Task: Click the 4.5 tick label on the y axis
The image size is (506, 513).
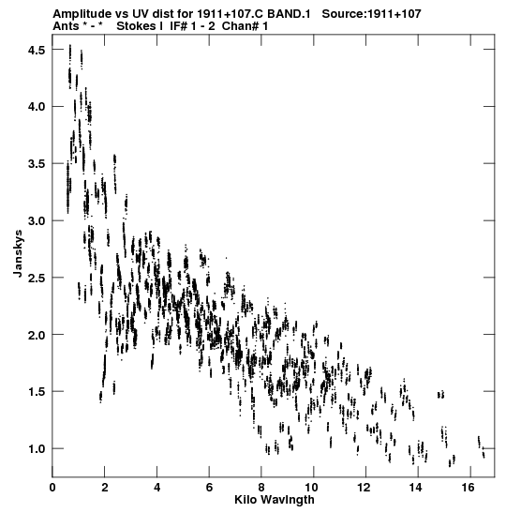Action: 36,50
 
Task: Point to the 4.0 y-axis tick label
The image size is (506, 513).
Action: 36,107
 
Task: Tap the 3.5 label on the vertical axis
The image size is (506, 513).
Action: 36,163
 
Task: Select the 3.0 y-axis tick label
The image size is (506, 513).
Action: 36,220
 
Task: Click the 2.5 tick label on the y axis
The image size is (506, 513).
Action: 36,278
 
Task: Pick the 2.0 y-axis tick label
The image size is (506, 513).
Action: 36,335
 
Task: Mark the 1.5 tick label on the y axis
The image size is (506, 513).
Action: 36,392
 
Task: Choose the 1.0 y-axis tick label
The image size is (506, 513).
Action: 36,448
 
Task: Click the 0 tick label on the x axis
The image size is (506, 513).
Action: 52,488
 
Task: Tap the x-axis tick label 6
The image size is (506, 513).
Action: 209,488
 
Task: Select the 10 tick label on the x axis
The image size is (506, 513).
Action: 314,488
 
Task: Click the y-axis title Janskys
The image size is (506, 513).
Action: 18,253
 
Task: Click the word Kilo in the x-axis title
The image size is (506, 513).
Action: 244,500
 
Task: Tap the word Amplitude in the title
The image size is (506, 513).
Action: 82,14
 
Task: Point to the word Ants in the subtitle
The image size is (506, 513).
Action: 65,26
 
